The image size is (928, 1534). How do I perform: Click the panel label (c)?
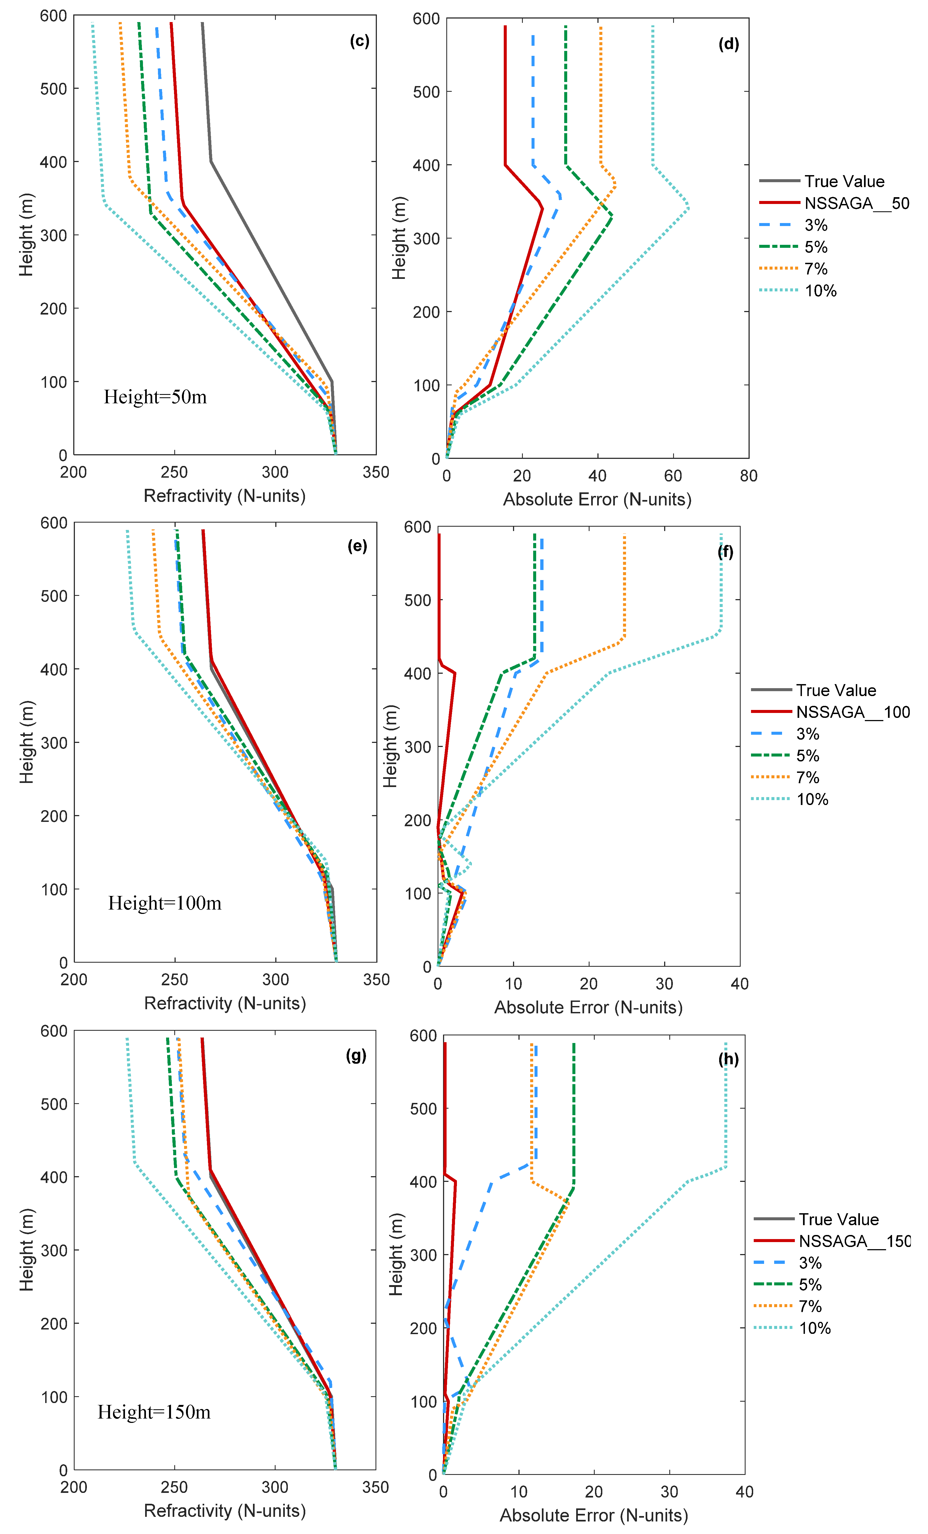tap(359, 41)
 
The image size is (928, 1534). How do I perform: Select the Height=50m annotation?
tap(155, 397)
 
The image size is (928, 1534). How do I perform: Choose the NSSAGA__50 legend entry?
tap(856, 203)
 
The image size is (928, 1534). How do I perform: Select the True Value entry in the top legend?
tap(844, 181)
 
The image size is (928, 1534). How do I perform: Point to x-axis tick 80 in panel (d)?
tap(748, 476)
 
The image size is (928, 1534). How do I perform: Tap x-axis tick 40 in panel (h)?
tap(744, 1492)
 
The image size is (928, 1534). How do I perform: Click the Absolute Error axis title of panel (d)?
tap(597, 499)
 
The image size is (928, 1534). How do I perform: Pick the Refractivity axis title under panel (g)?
tap(225, 1510)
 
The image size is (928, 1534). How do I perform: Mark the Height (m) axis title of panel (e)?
tap(26, 742)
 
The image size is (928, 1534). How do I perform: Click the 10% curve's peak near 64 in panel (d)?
tap(688, 208)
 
